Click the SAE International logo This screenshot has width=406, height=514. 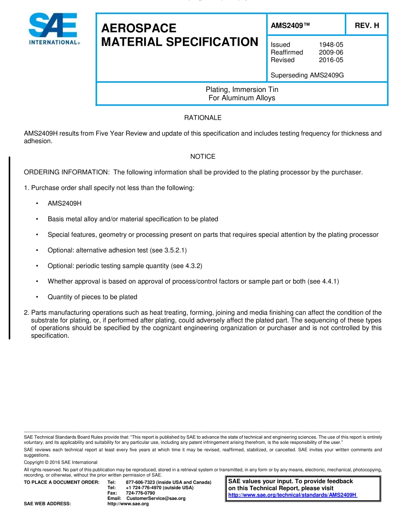coord(53,29)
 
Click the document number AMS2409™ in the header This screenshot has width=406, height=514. coord(290,25)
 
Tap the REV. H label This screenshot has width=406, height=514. coord(367,25)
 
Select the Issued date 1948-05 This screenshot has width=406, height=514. coord(331,44)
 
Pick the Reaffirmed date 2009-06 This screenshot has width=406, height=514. coord(331,52)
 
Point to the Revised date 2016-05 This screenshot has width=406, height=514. coord(331,60)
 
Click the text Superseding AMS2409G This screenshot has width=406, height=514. coord(307,75)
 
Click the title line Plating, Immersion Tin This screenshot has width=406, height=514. coord(242,90)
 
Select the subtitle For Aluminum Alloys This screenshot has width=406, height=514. coord(242,98)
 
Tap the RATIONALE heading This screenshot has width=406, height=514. coord(203,118)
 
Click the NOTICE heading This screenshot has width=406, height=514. coord(203,157)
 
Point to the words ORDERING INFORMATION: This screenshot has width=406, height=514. coord(67,172)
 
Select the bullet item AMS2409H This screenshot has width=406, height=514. coord(65,204)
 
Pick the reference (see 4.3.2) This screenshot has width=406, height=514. coord(186,266)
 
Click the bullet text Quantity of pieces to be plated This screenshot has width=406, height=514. coord(92,297)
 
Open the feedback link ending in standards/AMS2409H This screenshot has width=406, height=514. coord(292,495)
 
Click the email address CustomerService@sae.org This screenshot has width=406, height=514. coord(156,498)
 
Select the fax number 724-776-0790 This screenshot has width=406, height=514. coord(140,493)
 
